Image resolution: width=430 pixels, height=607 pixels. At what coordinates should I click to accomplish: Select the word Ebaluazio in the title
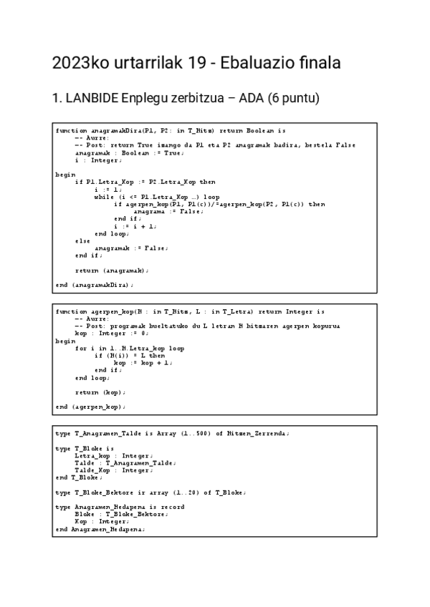pos(253,63)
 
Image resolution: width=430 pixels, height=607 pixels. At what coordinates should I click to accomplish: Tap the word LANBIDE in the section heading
pos(91,99)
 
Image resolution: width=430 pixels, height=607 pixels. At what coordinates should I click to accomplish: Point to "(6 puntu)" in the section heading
pos(293,99)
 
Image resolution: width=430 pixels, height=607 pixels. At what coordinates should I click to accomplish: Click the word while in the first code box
pos(104,195)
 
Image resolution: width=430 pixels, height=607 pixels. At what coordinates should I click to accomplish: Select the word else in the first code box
pos(83,241)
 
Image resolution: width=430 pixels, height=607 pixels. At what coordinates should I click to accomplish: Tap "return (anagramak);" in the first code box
pos(112,271)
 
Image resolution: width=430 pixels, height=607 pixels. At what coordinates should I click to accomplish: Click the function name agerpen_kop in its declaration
pos(111,312)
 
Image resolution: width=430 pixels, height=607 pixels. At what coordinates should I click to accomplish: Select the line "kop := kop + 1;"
pos(143,363)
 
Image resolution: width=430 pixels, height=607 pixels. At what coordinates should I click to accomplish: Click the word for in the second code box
pos(80,349)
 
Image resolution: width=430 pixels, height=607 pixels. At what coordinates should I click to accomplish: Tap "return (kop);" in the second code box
pos(100,392)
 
